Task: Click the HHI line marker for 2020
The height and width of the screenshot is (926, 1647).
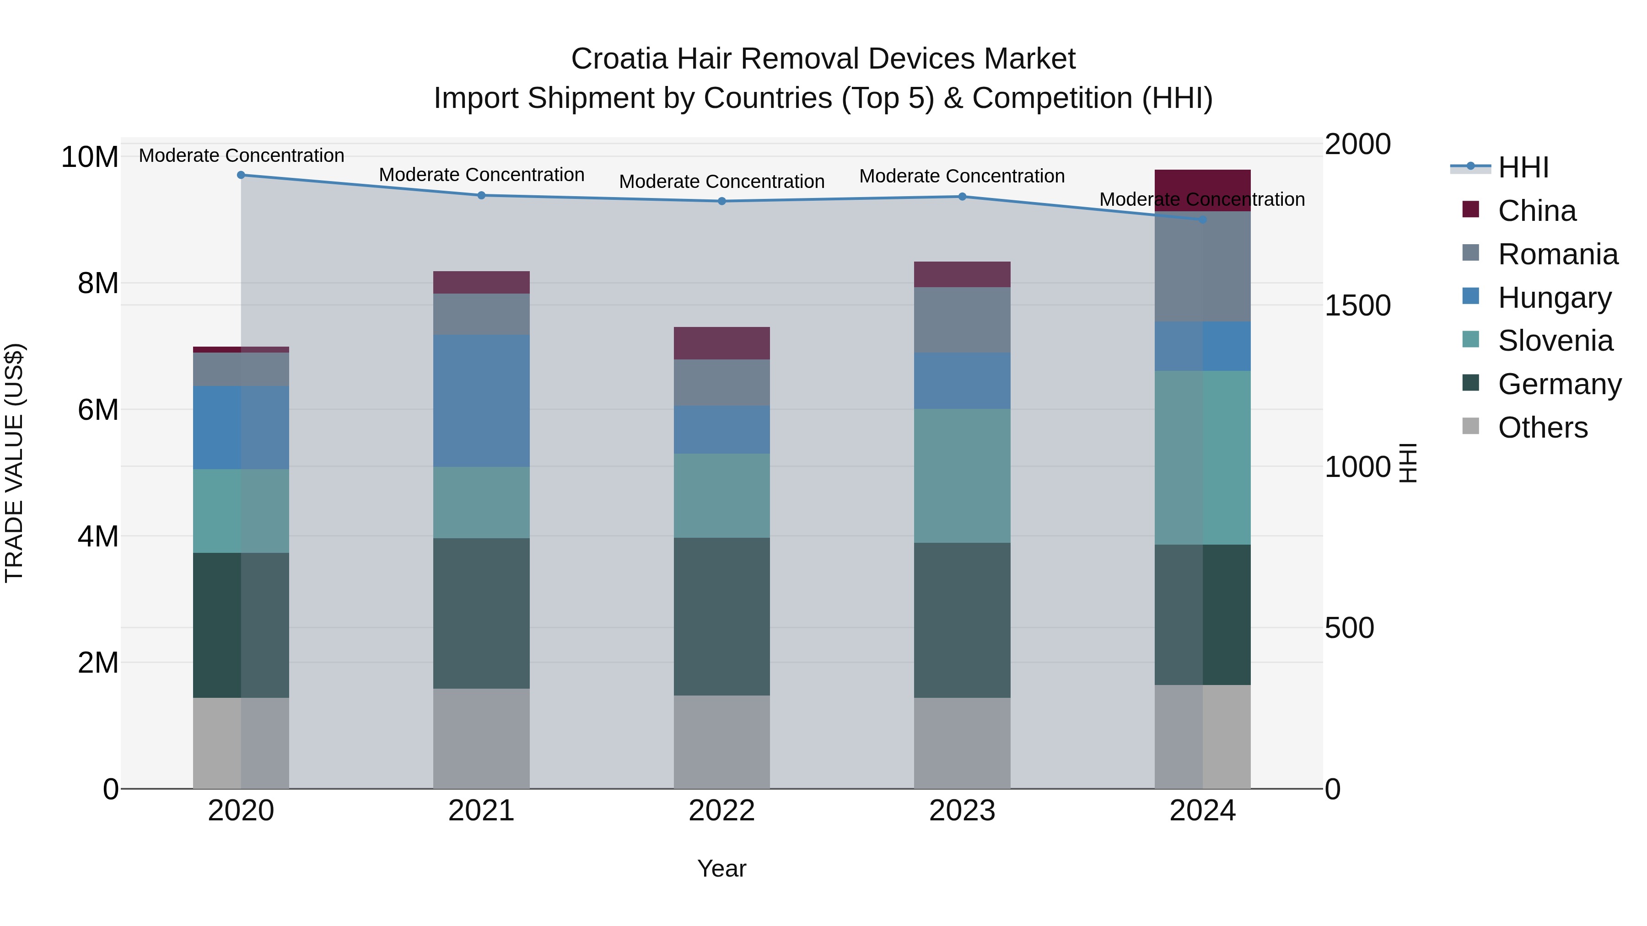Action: pos(241,175)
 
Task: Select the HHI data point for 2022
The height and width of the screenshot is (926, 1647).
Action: pos(722,201)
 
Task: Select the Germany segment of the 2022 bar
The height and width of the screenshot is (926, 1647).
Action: pos(722,617)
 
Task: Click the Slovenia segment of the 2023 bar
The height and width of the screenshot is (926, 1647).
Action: pos(962,476)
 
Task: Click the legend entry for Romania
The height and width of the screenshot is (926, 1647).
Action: pos(1557,254)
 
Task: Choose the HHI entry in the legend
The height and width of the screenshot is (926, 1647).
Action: pos(1523,167)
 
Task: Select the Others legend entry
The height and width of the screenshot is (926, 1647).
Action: pos(1542,428)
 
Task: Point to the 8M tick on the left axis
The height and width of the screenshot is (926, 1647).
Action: pos(98,283)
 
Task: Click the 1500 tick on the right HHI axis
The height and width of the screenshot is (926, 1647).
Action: pos(1357,305)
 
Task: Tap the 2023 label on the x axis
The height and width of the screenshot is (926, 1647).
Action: pos(962,811)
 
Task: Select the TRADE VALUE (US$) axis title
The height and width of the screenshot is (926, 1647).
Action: pos(14,463)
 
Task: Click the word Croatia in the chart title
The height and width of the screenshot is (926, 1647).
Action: pos(619,59)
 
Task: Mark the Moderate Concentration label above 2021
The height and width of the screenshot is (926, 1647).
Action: pos(481,175)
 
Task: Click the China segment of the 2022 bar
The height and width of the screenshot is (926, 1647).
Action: pos(722,343)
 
